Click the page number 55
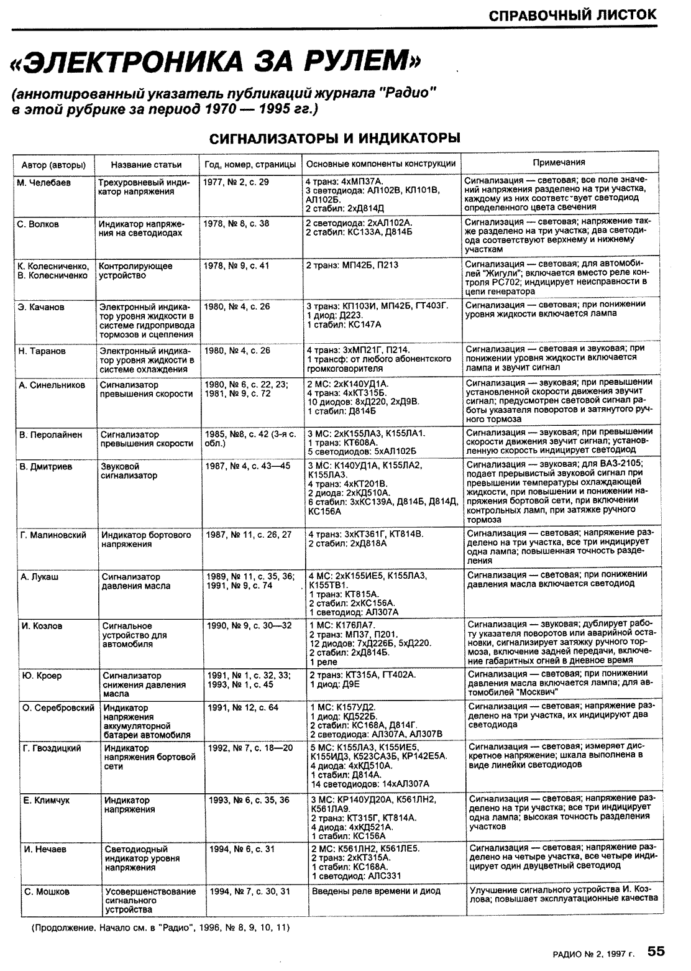click(656, 951)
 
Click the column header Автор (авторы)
click(53, 165)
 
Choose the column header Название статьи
click(146, 165)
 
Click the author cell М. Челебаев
click(45, 183)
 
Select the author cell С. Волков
click(39, 224)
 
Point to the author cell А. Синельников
click(52, 385)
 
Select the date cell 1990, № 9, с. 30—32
click(249, 626)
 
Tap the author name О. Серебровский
click(58, 707)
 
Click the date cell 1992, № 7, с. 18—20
click(249, 748)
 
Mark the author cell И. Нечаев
click(45, 849)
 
